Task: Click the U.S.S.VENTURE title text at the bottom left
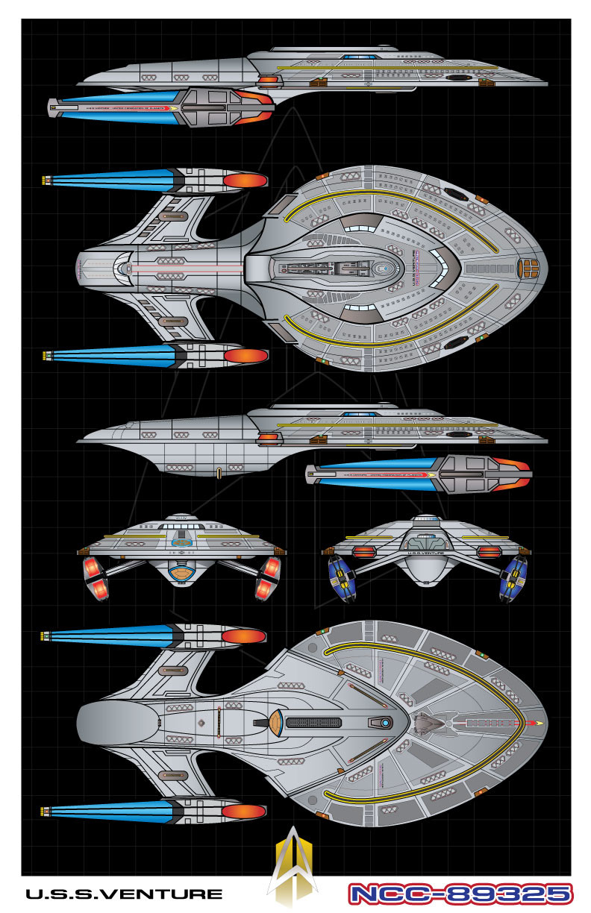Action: coord(124,894)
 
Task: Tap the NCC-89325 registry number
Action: coord(460,894)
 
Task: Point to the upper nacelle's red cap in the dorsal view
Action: coord(246,181)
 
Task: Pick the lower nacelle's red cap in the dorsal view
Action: coord(246,355)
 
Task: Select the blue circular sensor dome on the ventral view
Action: coord(385,723)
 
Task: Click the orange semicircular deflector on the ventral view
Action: coord(275,723)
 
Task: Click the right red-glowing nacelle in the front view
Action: coord(268,579)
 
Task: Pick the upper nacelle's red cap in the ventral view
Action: coord(244,636)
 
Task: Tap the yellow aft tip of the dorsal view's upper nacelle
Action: coord(47,181)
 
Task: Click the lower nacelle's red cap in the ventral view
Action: coord(244,811)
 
